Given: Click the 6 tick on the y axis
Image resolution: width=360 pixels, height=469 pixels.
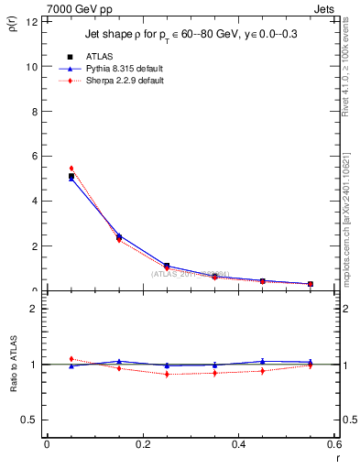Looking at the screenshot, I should (x=33, y=157).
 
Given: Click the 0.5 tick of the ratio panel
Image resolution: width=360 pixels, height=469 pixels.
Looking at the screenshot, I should (x=29, y=420).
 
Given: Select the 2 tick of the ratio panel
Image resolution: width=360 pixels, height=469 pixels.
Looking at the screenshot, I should (x=33, y=309).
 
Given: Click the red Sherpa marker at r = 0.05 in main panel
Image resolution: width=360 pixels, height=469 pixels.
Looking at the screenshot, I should (x=71, y=169).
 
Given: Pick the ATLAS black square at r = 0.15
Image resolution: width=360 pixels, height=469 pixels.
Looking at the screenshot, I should (x=119, y=237).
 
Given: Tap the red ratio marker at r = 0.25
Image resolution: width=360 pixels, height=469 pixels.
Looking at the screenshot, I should (x=167, y=374).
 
